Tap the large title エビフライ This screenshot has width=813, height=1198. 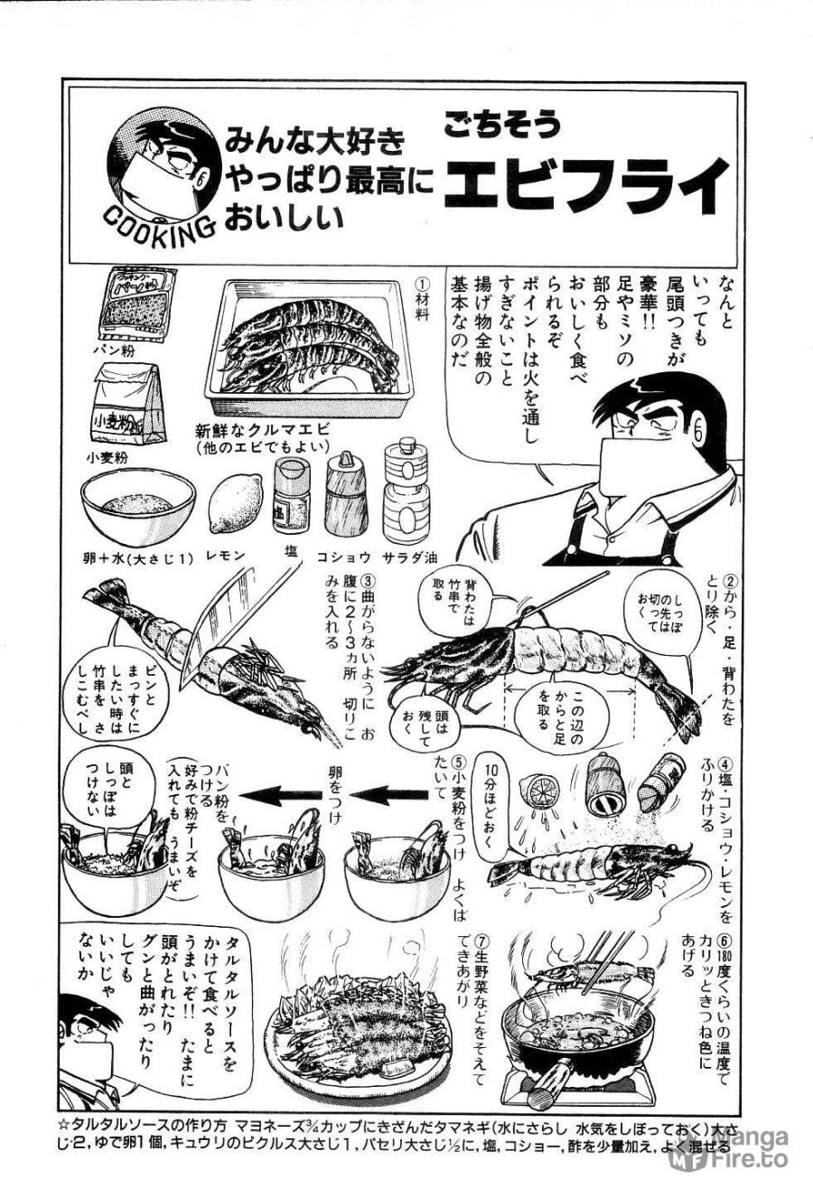587,184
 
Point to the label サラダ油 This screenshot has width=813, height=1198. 411,559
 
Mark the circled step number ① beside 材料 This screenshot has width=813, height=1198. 422,283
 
